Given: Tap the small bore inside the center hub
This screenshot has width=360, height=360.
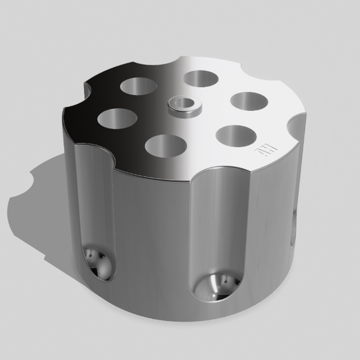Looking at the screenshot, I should click(x=183, y=103).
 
